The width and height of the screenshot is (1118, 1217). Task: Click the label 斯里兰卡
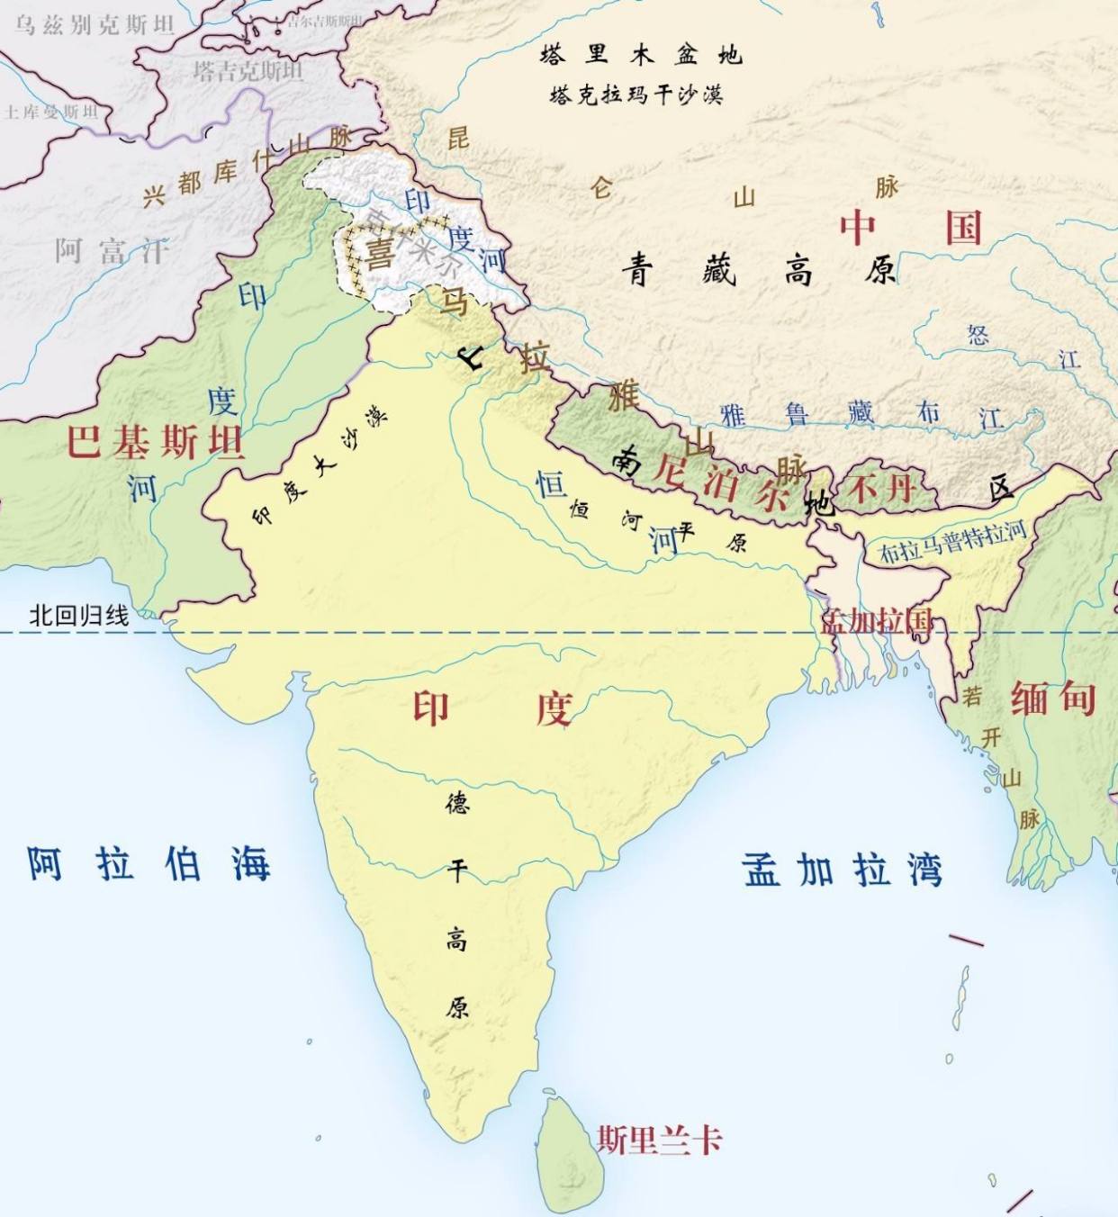[x=660, y=1140]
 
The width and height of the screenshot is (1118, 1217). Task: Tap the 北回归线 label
[x=79, y=616]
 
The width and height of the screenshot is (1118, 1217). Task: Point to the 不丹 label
[x=882, y=489]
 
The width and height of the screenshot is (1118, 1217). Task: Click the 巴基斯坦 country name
[x=155, y=442]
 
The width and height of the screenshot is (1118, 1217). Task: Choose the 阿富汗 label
[x=113, y=250]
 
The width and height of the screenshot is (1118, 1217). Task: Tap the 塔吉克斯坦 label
[x=248, y=70]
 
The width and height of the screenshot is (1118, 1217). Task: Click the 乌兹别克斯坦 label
[x=94, y=25]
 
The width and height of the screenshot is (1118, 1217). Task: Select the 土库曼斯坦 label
[x=50, y=112]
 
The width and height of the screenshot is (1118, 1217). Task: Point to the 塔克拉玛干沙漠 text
[x=636, y=95]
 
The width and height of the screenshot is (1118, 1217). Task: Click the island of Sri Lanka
[x=569, y=1157]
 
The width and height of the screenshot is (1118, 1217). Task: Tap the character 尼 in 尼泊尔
[x=670, y=471]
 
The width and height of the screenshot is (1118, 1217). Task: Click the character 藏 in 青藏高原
[x=719, y=269]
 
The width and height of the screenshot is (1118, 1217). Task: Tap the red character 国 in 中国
[x=962, y=227]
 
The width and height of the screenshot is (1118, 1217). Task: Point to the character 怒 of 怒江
[x=978, y=336]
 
